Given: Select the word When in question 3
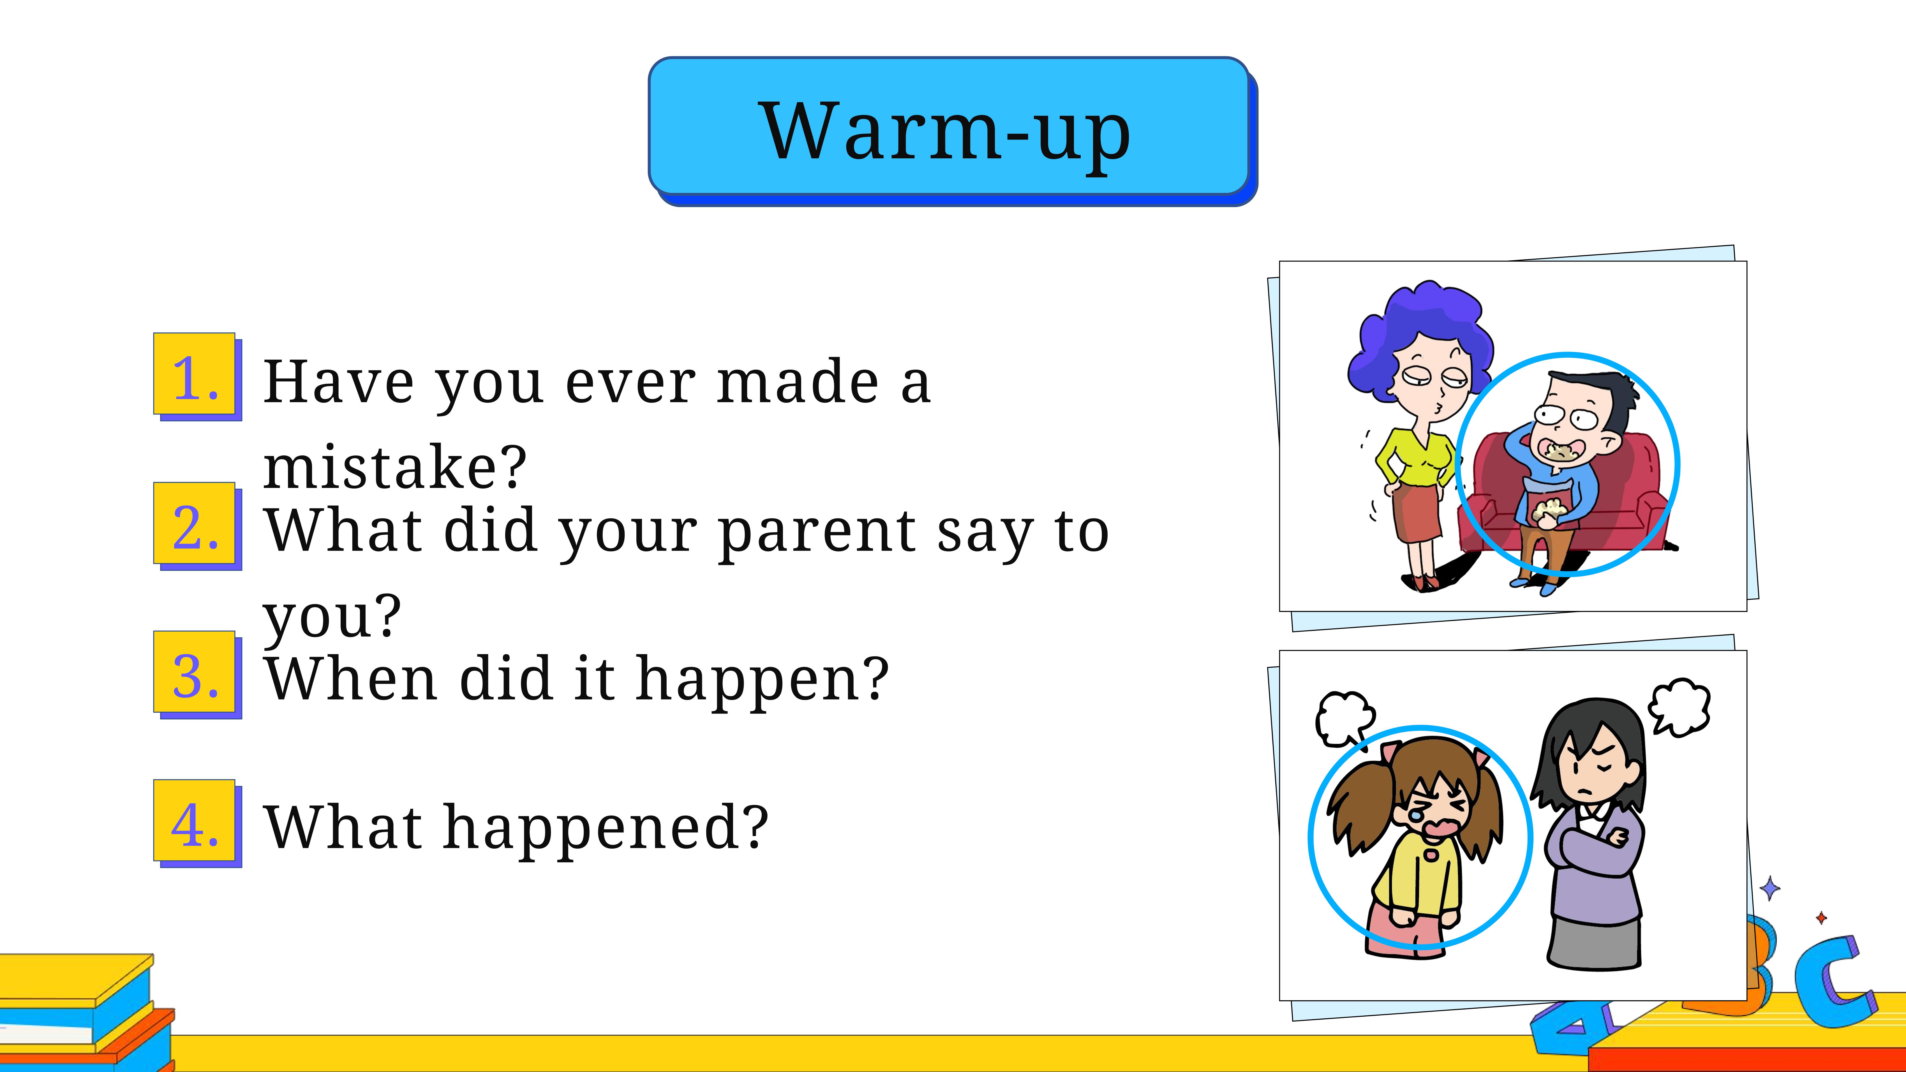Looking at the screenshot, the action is tap(351, 679).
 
